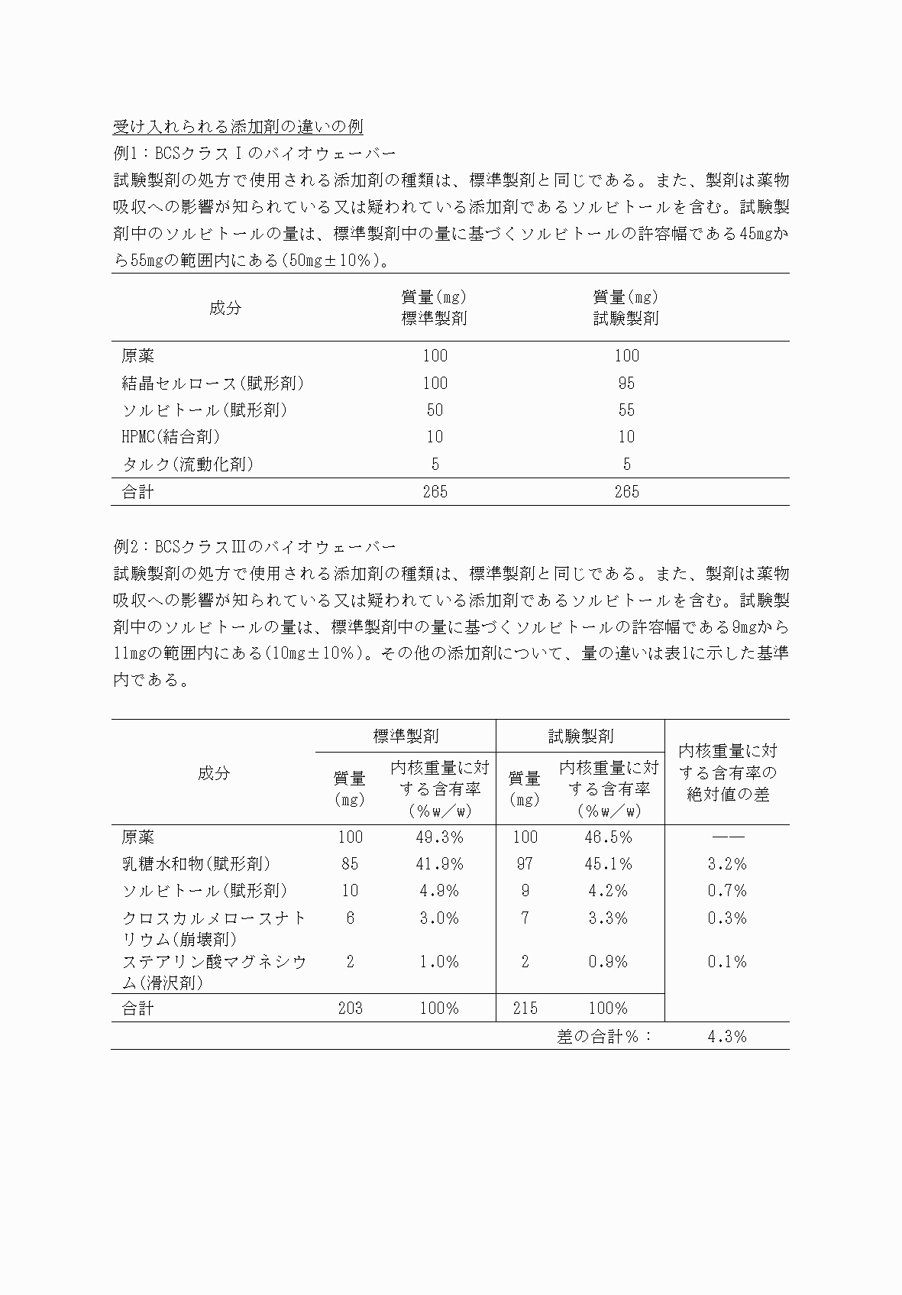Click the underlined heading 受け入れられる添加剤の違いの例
(x=238, y=126)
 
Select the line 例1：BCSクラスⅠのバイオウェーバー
(x=254, y=153)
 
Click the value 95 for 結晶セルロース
(x=626, y=383)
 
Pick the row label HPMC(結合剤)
(x=171, y=437)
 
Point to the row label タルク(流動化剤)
(x=187, y=464)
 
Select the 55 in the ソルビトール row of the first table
(x=626, y=410)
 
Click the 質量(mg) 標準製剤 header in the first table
(x=435, y=307)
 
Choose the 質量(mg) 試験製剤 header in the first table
(x=626, y=307)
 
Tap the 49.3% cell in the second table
(x=439, y=837)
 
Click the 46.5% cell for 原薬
(x=608, y=837)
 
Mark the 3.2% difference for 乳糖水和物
(x=726, y=864)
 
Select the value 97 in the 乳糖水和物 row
(x=525, y=864)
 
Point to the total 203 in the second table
(x=351, y=1008)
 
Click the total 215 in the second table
(x=525, y=1008)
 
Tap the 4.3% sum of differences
(x=726, y=1036)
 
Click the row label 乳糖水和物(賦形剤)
(x=196, y=864)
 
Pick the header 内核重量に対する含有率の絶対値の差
(x=726, y=772)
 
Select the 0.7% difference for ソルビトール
(x=726, y=891)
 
